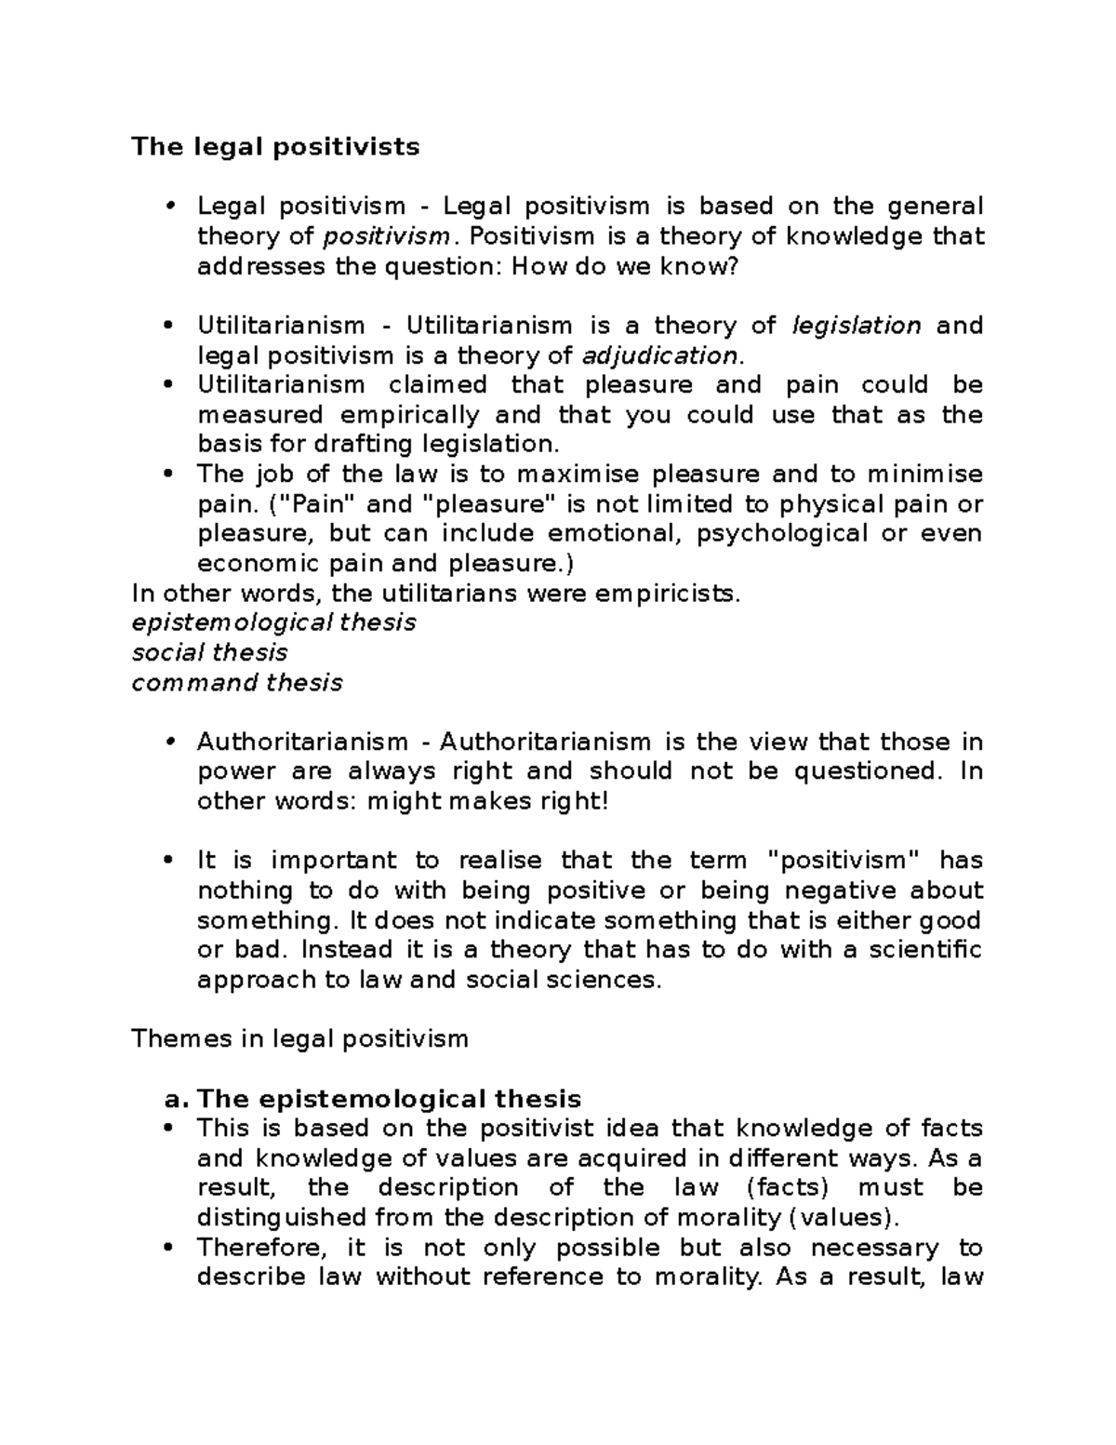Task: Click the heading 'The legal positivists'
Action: (x=275, y=147)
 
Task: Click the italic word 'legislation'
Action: (x=857, y=326)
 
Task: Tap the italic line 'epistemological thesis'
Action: (x=273, y=622)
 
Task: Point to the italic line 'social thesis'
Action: (x=209, y=652)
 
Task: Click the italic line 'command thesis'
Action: (x=237, y=683)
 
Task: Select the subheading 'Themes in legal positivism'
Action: (x=299, y=1038)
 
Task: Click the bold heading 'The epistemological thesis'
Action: (x=390, y=1099)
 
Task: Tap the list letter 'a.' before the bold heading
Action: (x=177, y=1099)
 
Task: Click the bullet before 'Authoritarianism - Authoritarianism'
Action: (x=168, y=743)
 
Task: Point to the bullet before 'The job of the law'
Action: (x=168, y=475)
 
